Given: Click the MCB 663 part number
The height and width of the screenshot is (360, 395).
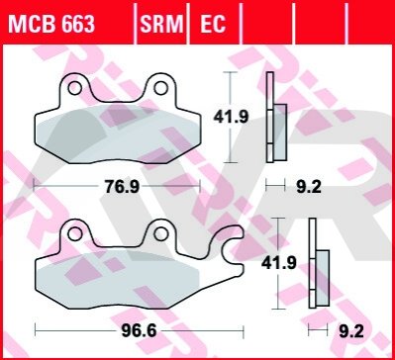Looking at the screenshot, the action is pos(51,24).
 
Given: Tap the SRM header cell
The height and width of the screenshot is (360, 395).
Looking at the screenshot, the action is pos(161,24).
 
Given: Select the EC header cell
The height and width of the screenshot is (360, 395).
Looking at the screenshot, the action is pos(213,24).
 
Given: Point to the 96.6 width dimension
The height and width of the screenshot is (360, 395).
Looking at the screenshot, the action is pos(139,331).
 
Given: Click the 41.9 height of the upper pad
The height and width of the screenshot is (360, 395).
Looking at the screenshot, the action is pos(231,117).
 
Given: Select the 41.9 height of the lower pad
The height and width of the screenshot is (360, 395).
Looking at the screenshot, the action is pos(279,263).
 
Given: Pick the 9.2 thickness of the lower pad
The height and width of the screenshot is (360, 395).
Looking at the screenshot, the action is pos(351,331).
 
